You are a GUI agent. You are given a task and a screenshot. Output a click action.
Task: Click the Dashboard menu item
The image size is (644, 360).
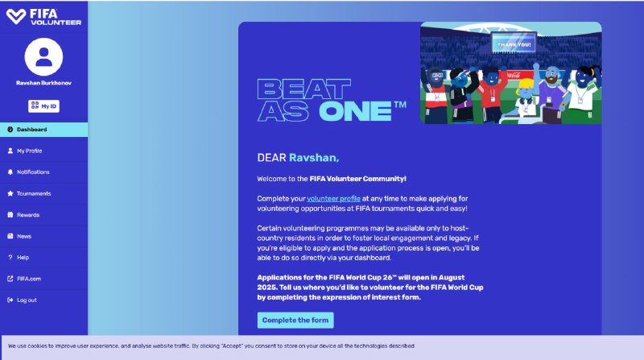click(x=43, y=130)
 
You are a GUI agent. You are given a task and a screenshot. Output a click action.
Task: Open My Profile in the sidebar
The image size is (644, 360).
click(x=43, y=151)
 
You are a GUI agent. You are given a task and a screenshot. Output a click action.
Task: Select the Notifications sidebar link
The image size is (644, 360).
click(x=43, y=172)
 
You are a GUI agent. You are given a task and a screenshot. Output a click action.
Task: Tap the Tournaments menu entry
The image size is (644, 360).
click(x=43, y=193)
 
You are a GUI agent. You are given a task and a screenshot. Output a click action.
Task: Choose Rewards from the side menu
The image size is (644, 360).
click(x=43, y=215)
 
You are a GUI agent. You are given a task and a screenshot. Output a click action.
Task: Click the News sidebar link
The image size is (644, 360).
click(x=43, y=236)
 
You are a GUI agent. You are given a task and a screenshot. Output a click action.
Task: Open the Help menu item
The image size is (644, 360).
click(x=43, y=258)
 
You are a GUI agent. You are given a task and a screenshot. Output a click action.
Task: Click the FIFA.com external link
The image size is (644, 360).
click(x=43, y=279)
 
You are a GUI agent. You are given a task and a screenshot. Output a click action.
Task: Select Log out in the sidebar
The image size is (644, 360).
click(x=43, y=300)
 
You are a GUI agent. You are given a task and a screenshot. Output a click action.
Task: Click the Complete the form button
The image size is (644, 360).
click(x=295, y=321)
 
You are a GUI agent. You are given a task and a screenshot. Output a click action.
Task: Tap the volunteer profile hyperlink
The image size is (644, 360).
click(x=333, y=199)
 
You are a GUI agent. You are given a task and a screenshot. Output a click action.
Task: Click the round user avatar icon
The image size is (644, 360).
click(x=43, y=56)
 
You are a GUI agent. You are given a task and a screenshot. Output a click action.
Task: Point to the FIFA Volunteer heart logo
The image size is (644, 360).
click(x=16, y=16)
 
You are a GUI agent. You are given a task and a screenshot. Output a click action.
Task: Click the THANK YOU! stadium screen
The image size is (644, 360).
click(x=514, y=43)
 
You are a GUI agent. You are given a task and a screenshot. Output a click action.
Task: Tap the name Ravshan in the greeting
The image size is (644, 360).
click(x=314, y=158)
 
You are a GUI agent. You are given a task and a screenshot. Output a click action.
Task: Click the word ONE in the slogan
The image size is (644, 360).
click(x=355, y=111)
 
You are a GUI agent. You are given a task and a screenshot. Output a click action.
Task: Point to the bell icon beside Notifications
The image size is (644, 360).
click(x=10, y=172)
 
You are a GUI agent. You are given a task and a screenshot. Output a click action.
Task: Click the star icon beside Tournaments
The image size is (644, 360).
click(x=10, y=193)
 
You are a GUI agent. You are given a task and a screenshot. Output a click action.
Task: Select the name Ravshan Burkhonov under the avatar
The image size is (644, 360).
click(x=43, y=83)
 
